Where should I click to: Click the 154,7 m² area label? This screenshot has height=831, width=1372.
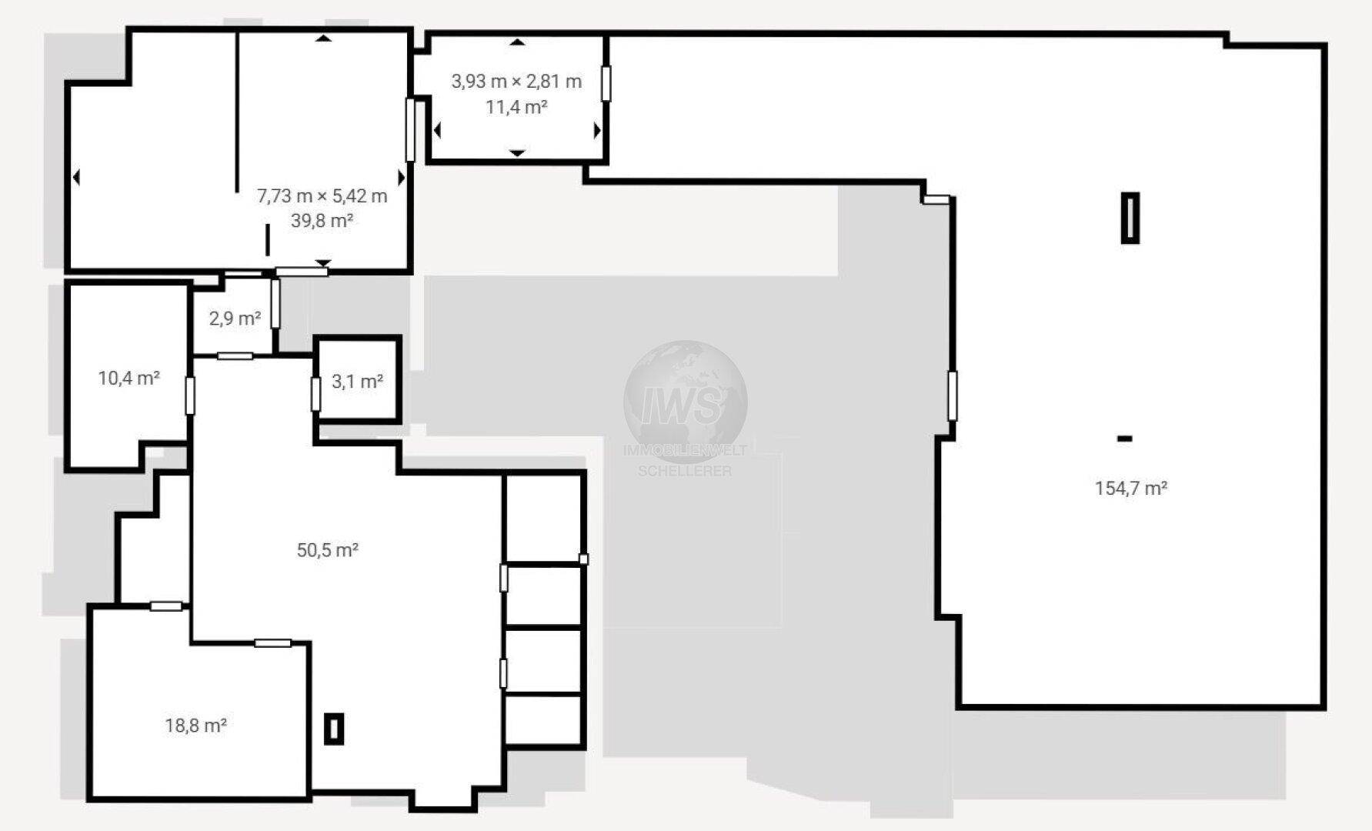[x=1131, y=488]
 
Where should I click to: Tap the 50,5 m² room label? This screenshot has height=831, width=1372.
[x=328, y=549]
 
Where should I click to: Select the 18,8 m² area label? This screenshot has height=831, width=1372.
[x=195, y=725]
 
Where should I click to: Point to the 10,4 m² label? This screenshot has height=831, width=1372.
[x=129, y=378]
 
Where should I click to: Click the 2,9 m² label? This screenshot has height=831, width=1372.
[x=235, y=318]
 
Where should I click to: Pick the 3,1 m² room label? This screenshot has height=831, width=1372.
[x=358, y=381]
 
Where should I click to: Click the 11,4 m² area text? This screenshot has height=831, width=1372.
[x=516, y=107]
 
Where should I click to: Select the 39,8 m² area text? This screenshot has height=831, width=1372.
[x=322, y=221]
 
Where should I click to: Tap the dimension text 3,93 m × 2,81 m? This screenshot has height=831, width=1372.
[x=516, y=82]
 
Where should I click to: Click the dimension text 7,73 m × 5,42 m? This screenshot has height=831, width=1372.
[x=322, y=195]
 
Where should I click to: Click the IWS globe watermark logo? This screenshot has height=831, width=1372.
[x=685, y=401]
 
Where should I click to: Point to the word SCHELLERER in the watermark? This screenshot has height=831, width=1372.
[x=685, y=471]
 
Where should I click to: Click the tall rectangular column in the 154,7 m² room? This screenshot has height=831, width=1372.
[x=1130, y=218]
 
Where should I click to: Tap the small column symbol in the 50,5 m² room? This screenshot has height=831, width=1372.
[x=333, y=728]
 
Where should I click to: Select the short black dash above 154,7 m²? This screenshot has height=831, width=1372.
[x=1124, y=439]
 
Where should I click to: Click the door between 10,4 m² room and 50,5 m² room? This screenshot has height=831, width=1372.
[x=190, y=395]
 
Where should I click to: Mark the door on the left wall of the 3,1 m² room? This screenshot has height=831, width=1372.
[x=315, y=394]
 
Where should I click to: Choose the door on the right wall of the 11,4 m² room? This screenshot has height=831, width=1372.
[x=606, y=84]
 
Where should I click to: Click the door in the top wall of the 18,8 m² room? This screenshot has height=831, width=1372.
[x=166, y=606]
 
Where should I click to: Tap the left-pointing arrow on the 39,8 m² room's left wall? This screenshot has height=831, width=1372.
[x=76, y=178]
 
